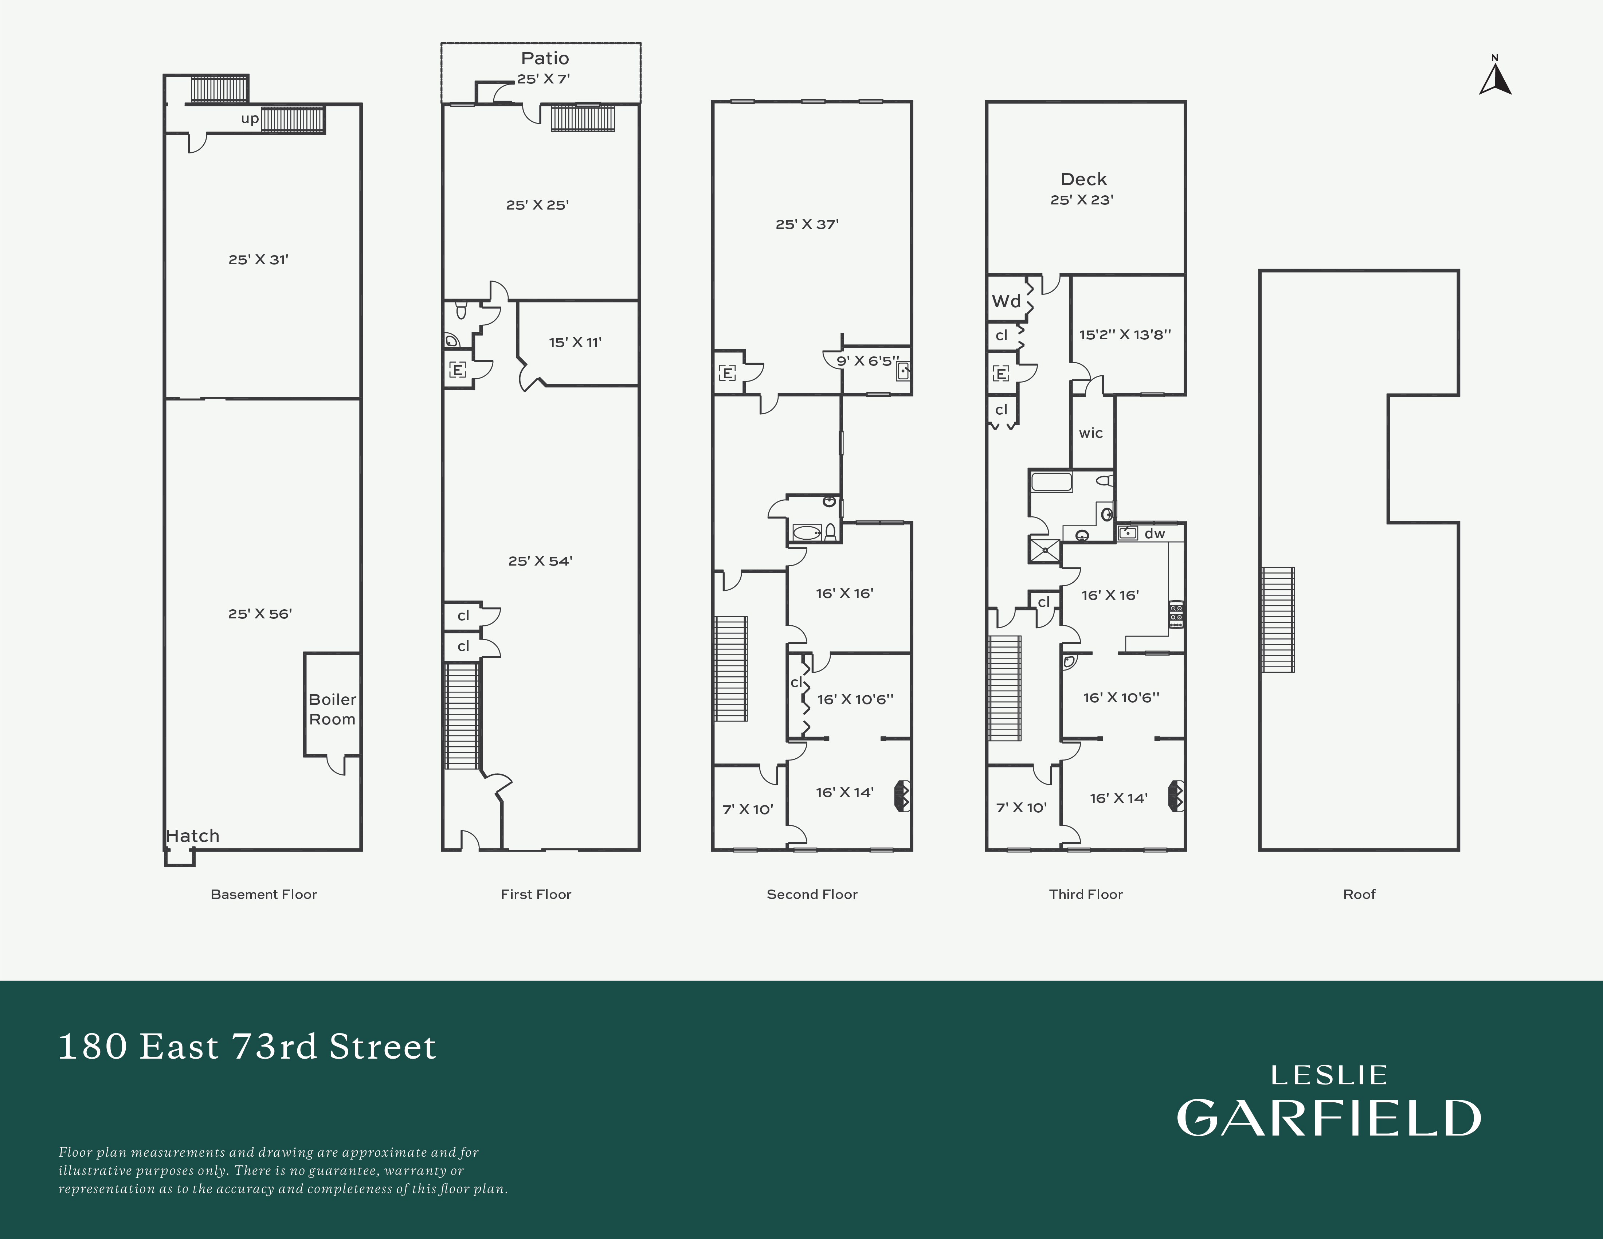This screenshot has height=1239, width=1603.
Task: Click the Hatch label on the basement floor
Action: tap(192, 835)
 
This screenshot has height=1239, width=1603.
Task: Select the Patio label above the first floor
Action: tap(545, 58)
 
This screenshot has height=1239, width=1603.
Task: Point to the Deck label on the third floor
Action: tap(1083, 179)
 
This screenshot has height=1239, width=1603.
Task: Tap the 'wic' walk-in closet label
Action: tap(1091, 433)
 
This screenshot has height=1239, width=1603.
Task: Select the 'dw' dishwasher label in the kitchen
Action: tap(1155, 533)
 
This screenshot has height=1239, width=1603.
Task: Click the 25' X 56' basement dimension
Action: tap(260, 614)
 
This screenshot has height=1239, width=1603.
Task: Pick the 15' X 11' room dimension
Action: tap(575, 342)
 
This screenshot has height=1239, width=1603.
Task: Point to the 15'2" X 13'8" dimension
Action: tap(1124, 335)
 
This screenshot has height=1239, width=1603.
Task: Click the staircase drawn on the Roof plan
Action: tap(1277, 619)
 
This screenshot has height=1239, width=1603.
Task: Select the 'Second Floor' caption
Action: tap(812, 894)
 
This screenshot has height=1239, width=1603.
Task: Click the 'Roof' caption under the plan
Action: tap(1359, 894)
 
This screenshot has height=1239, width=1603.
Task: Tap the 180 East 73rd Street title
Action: tap(247, 1047)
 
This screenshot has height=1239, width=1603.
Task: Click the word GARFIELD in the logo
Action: tap(1329, 1118)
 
